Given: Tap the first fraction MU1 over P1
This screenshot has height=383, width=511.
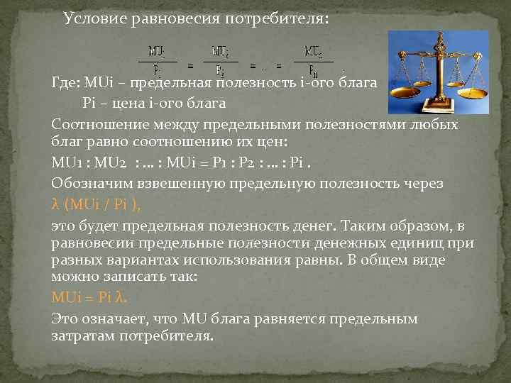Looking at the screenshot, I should [x=158, y=60].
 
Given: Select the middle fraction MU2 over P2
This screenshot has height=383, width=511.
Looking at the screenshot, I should [x=221, y=60].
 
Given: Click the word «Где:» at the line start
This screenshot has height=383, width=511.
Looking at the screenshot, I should [x=66, y=84].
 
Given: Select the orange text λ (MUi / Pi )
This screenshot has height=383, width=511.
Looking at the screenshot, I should [x=96, y=204].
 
